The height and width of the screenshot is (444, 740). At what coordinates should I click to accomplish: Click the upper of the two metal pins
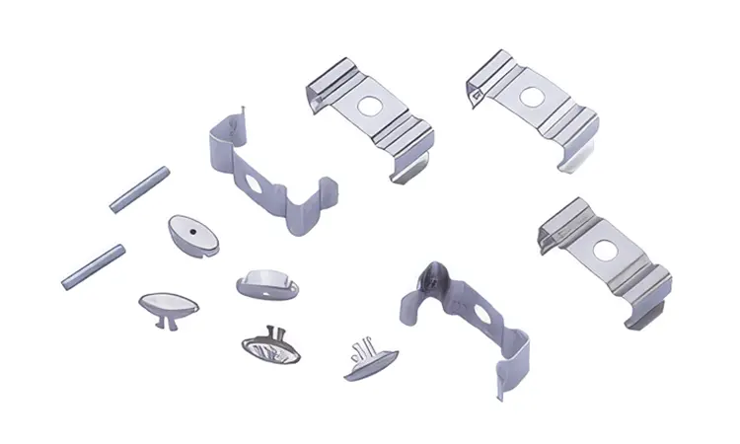139,188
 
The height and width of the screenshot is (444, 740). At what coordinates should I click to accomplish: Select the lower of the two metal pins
93,265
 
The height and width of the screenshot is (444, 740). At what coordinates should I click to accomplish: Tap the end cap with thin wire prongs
371,359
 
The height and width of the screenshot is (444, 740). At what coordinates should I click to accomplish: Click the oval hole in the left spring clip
256,184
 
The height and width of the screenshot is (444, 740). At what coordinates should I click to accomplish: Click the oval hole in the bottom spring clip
481,316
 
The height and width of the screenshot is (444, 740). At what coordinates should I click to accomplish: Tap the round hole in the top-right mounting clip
532,97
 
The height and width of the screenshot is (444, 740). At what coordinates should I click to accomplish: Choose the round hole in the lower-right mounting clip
603,250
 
